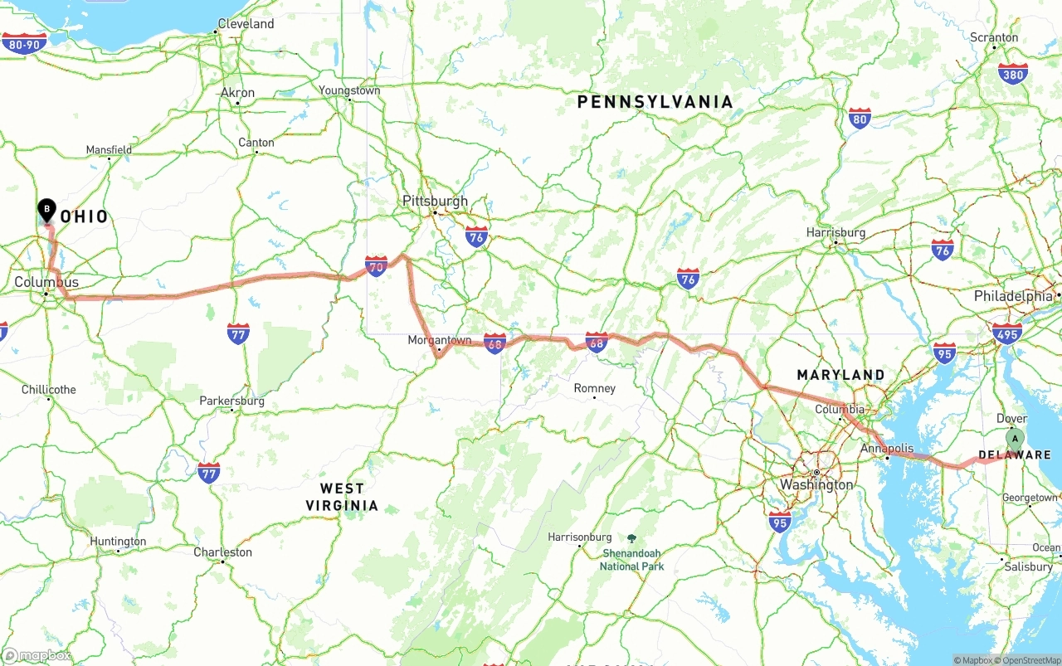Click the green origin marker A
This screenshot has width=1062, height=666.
pyautogui.click(x=1014, y=439)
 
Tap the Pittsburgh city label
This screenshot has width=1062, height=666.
pyautogui.click(x=435, y=201)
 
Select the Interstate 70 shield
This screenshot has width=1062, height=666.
pyautogui.click(x=376, y=266)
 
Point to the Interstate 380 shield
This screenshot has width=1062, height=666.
pyautogui.click(x=1012, y=73)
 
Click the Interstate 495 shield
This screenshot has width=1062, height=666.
pyautogui.click(x=1006, y=333)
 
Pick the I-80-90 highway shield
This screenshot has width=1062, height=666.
pyautogui.click(x=23, y=44)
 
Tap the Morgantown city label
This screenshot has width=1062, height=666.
pyautogui.click(x=439, y=340)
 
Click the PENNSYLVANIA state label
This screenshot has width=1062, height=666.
pyautogui.click(x=655, y=102)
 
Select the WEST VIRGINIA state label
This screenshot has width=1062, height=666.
pyautogui.click(x=342, y=497)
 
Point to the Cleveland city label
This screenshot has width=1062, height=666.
pyautogui.click(x=246, y=24)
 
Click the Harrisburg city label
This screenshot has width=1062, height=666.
pyautogui.click(x=835, y=233)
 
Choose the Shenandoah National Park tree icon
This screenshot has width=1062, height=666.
pyautogui.click(x=631, y=539)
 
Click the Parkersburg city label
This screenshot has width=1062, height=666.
pyautogui.click(x=232, y=401)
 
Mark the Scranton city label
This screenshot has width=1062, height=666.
pyautogui.click(x=994, y=37)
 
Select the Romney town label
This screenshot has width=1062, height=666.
pyautogui.click(x=595, y=388)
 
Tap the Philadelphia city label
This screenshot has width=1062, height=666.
pyautogui.click(x=1013, y=296)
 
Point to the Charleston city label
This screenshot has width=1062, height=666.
pyautogui.click(x=222, y=552)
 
